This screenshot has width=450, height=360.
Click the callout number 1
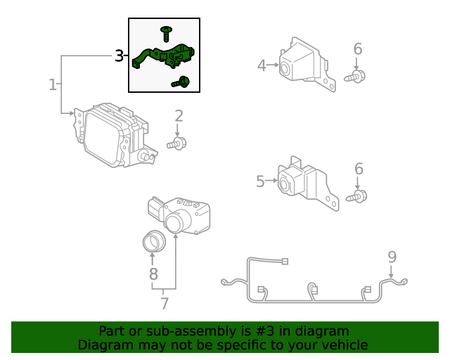(52, 85)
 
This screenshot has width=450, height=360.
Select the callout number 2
(179, 116)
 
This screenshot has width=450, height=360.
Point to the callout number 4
(262, 65)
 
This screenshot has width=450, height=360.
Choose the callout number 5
(260, 181)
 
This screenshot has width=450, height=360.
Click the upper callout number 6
(358, 49)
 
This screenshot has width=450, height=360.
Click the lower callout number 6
(359, 169)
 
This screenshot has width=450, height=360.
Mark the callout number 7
(165, 303)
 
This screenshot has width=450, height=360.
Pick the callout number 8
(153, 274)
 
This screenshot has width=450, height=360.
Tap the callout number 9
(392, 257)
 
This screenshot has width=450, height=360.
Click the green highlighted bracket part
(165, 56)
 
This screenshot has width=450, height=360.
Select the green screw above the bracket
(167, 32)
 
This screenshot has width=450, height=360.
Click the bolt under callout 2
(177, 144)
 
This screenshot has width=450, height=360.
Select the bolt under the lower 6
(357, 197)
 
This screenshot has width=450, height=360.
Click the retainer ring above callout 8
(153, 241)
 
